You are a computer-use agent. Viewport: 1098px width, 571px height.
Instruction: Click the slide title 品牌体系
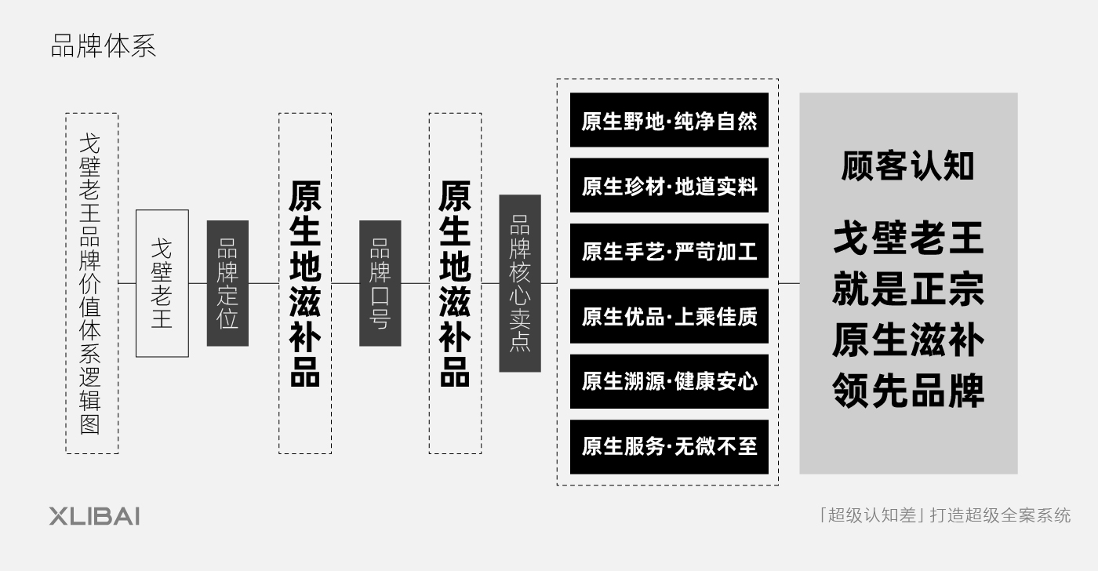pyautogui.click(x=104, y=46)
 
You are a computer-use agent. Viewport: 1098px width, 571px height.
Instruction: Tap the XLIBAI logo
pyautogui.click(x=94, y=517)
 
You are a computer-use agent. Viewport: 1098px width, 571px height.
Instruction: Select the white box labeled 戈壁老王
pyautogui.click(x=162, y=283)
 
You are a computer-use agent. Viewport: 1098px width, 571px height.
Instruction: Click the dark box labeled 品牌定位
pyautogui.click(x=227, y=283)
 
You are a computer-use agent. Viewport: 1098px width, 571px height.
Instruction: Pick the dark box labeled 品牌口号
pyautogui.click(x=380, y=283)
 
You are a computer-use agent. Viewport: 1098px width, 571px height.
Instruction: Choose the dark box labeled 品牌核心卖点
pyautogui.click(x=520, y=283)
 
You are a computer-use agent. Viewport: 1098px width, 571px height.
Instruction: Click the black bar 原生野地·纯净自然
pyautogui.click(x=669, y=120)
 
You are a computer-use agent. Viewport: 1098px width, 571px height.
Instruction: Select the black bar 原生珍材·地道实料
pyautogui.click(x=669, y=185)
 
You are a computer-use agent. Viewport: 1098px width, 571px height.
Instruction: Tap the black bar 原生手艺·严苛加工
pyautogui.click(x=669, y=250)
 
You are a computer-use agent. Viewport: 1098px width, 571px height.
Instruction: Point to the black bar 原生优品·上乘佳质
pyautogui.click(x=669, y=316)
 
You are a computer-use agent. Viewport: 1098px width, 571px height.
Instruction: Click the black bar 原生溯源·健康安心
pyautogui.click(x=669, y=381)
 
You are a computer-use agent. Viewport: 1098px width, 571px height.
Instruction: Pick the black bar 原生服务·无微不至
pyautogui.click(x=669, y=446)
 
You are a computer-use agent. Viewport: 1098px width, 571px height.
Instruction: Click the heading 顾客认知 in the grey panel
pyautogui.click(x=908, y=165)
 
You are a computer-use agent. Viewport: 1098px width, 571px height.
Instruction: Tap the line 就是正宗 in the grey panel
pyautogui.click(x=908, y=289)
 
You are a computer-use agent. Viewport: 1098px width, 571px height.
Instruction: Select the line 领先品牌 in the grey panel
pyautogui.click(x=908, y=390)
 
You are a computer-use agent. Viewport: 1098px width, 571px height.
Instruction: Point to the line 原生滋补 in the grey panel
pyautogui.click(x=908, y=340)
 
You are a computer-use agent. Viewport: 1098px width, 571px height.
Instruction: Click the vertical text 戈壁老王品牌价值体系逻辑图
pyautogui.click(x=90, y=283)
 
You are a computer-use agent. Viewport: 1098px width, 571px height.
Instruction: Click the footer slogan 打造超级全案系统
pyautogui.click(x=1000, y=515)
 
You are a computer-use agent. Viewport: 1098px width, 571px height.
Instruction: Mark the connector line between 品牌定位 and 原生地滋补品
pyautogui.click(x=264, y=283)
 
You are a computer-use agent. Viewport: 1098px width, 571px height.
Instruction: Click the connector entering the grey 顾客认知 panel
pyautogui.click(x=789, y=283)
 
